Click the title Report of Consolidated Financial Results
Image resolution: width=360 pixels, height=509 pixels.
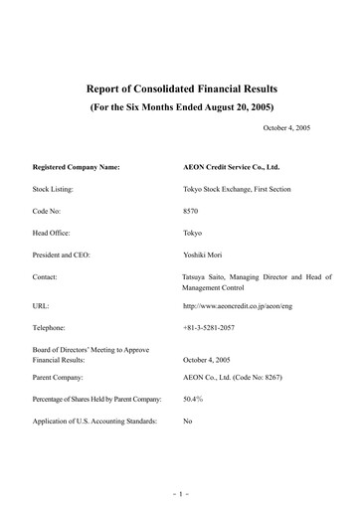tap(181, 86)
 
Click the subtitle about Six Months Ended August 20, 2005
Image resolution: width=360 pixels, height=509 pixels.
tap(181, 106)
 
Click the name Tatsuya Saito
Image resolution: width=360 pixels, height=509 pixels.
tap(208, 276)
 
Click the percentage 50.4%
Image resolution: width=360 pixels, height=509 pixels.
tap(195, 401)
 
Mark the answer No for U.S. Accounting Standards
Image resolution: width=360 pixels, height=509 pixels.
tap(189, 423)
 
